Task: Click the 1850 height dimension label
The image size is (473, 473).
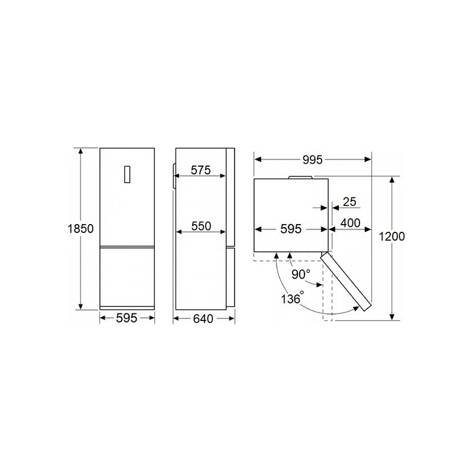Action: [x=80, y=229]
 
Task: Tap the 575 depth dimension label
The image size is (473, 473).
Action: [x=200, y=170]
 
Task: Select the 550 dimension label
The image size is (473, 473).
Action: [x=201, y=226]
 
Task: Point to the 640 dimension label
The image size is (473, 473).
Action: [x=203, y=319]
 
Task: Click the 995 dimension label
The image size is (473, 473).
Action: [x=313, y=160]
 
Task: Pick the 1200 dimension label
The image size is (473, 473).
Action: [x=391, y=236]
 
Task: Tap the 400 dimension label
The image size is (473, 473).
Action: [x=350, y=223]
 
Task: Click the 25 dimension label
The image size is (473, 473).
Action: [x=349, y=202]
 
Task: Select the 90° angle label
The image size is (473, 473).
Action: [x=301, y=274]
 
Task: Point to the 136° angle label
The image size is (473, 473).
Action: [x=292, y=298]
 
